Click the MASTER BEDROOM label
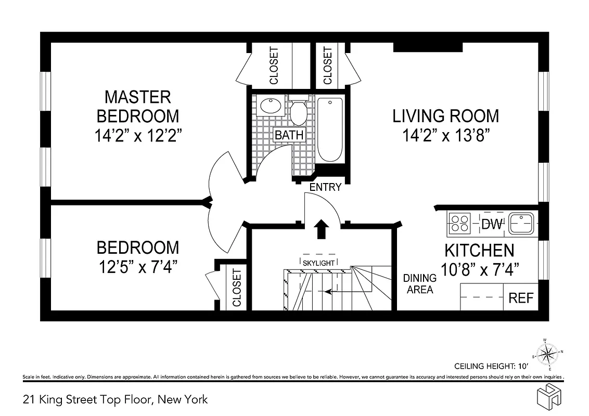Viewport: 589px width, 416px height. pyautogui.click(x=137, y=106)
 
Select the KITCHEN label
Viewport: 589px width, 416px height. pyautogui.click(x=479, y=250)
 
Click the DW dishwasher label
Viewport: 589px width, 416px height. pyautogui.click(x=492, y=224)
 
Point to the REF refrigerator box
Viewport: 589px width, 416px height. pyautogui.click(x=521, y=298)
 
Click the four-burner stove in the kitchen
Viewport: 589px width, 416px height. pyautogui.click(x=459, y=223)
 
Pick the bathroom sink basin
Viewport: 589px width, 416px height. pyautogui.click(x=270, y=106)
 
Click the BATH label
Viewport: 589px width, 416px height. pyautogui.click(x=289, y=135)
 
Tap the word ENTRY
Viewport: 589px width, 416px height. pyautogui.click(x=325, y=187)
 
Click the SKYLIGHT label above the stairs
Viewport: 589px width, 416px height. pyautogui.click(x=318, y=263)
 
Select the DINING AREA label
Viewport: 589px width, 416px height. pyautogui.click(x=419, y=284)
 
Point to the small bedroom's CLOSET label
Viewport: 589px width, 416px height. pyautogui.click(x=237, y=288)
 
